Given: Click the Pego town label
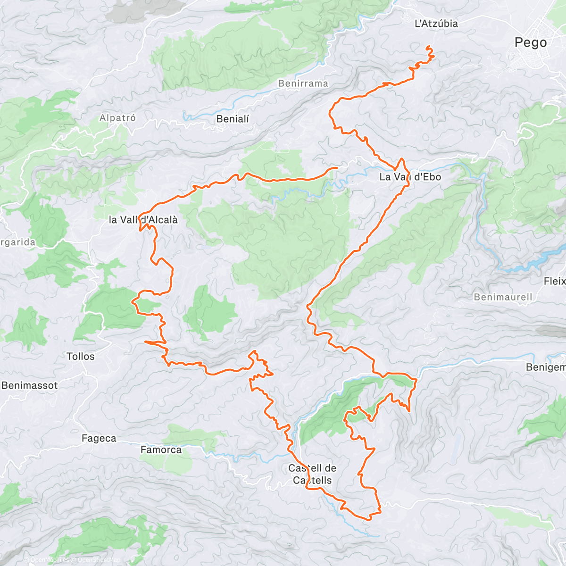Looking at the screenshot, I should coord(531,42).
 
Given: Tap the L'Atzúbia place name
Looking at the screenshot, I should coord(436,24).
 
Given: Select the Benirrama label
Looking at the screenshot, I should coord(303,83).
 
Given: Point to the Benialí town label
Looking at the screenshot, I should coord(233,119).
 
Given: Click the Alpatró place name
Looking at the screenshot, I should coord(117,118).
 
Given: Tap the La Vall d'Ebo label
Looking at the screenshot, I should coord(410,177).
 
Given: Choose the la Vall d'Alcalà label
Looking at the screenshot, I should coord(143,220).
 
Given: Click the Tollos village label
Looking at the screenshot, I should coord(81,357).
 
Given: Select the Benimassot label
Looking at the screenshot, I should coord(29,385).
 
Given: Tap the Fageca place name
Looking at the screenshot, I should coord(99,438).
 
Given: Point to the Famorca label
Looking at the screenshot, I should coord(161,449).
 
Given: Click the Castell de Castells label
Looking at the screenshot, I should coord(312,474).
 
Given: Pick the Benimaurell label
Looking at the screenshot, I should coord(503,297).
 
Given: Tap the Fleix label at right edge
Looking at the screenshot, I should coord(555,281).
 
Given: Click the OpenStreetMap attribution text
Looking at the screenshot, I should coord(99,560).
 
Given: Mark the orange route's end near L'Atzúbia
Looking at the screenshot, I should coord(427,47).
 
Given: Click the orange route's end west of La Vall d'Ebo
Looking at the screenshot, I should coord(337,167).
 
